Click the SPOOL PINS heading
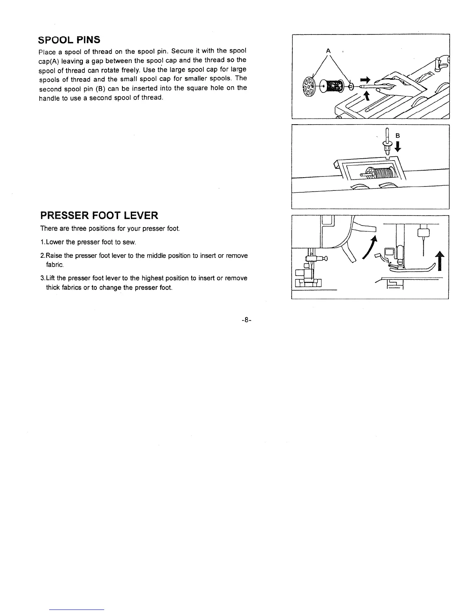click(x=69, y=40)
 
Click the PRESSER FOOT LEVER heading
click(x=99, y=216)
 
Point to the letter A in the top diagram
click(x=328, y=51)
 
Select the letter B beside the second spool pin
click(x=397, y=136)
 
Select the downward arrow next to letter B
click(x=398, y=147)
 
